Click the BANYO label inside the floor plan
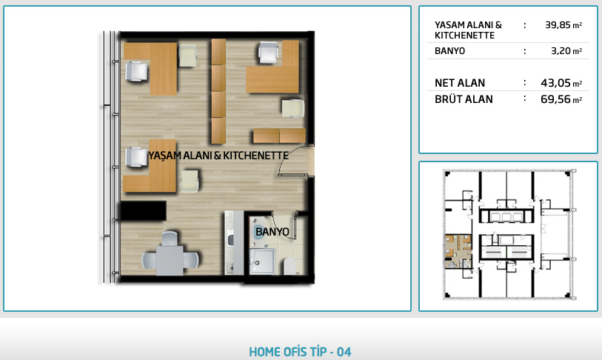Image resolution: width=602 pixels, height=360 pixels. (x=272, y=232)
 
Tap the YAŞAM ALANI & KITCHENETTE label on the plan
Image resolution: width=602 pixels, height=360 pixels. (x=218, y=156)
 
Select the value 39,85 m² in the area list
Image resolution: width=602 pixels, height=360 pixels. (x=563, y=25)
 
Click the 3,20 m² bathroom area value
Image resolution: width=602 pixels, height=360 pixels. (x=566, y=50)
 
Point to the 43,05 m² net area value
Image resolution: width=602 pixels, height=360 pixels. (x=561, y=83)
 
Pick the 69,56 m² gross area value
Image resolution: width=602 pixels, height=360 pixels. (x=561, y=99)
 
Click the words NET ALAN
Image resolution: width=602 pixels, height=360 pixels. (x=460, y=83)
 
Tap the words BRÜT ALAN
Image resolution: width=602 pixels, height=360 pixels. (x=464, y=99)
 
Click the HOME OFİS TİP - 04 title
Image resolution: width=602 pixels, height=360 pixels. (x=300, y=352)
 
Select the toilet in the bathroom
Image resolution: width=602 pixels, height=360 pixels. (x=290, y=266)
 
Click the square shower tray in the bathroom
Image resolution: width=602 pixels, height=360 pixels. (x=262, y=261)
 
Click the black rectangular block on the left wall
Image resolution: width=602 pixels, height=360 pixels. (x=143, y=210)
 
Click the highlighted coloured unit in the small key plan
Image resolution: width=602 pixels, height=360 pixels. (x=458, y=251)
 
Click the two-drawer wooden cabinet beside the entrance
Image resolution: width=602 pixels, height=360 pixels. (x=279, y=136)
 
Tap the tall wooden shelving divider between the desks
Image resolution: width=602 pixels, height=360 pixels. (x=218, y=91)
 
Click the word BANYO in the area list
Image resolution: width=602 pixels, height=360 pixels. (x=449, y=50)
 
